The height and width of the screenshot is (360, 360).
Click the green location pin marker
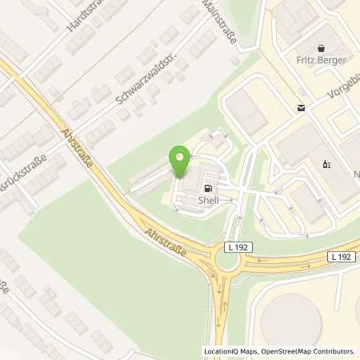coord(179,159)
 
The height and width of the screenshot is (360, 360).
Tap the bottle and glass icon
coord(326,164)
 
